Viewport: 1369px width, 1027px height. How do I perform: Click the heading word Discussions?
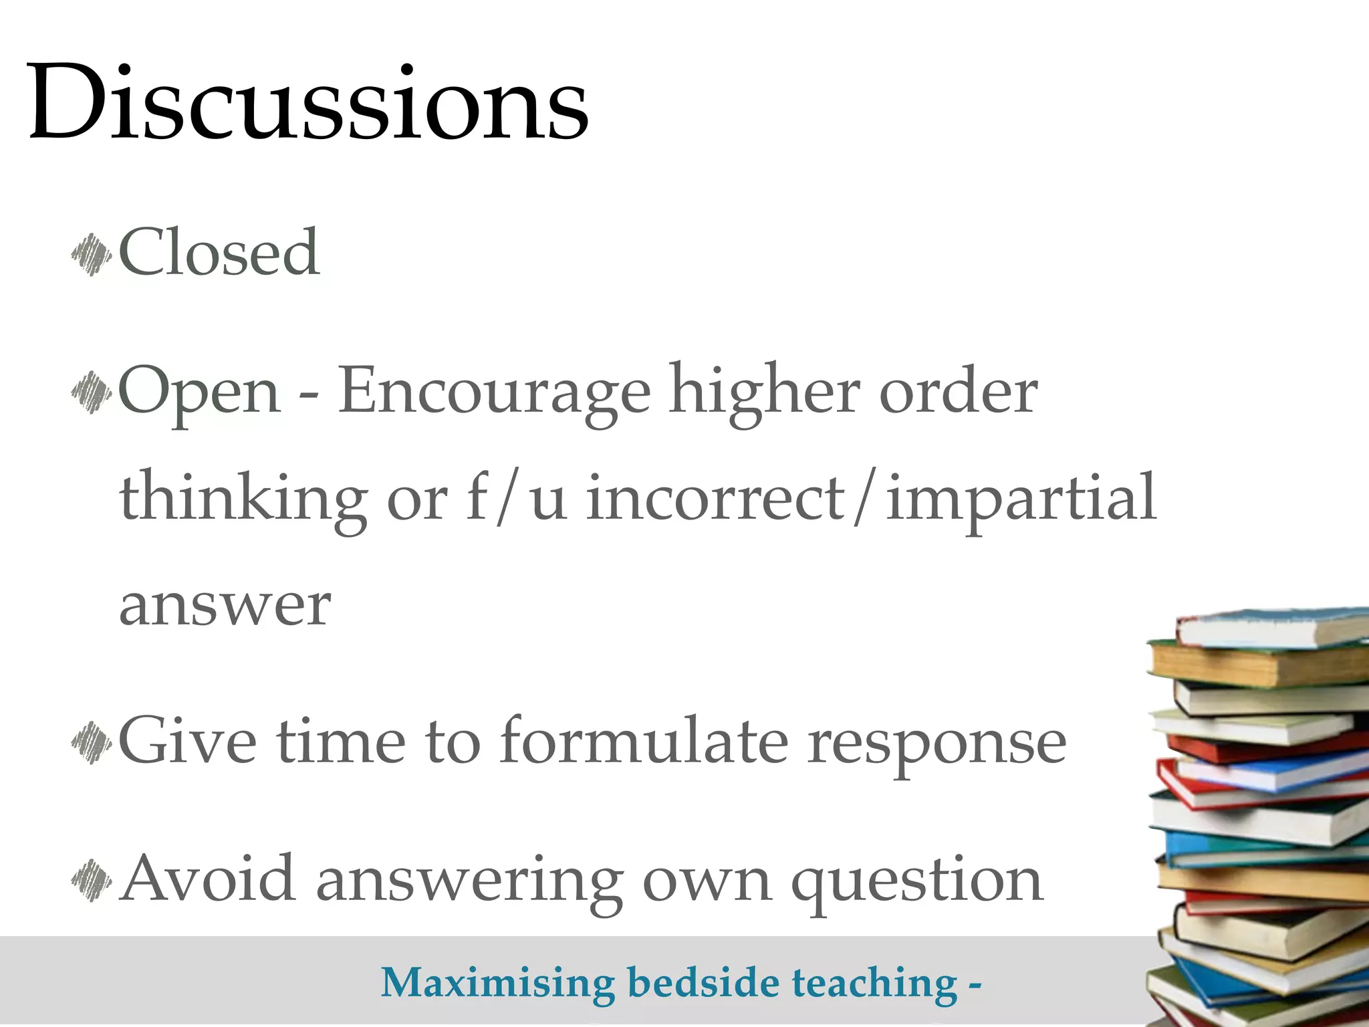pos(307,104)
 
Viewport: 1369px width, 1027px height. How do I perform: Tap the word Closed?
pos(219,252)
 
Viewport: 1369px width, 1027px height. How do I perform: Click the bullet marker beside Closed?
pos(91,255)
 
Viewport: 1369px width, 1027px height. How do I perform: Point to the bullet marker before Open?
pos(91,392)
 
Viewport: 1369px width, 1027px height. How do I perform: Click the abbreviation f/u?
pos(517,498)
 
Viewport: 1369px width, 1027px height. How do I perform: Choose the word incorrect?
pos(715,498)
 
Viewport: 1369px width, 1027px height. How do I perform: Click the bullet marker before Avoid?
pos(91,881)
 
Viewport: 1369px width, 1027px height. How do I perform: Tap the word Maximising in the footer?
pos(498,984)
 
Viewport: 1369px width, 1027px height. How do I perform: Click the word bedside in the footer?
pos(703,982)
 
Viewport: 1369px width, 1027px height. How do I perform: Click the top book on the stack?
pos(1270,627)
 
